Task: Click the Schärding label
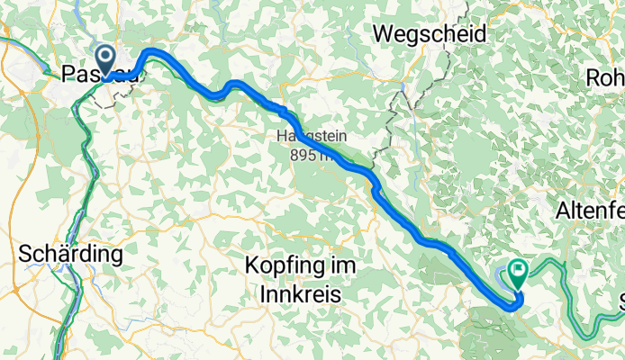pyautogui.click(x=69, y=255)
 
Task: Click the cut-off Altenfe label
pyautogui.click(x=591, y=211)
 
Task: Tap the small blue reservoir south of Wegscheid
pyautogui.click(x=400, y=91)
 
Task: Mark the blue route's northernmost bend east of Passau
pyautogui.click(x=151, y=51)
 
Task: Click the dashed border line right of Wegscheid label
pyautogui.click(x=448, y=54)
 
